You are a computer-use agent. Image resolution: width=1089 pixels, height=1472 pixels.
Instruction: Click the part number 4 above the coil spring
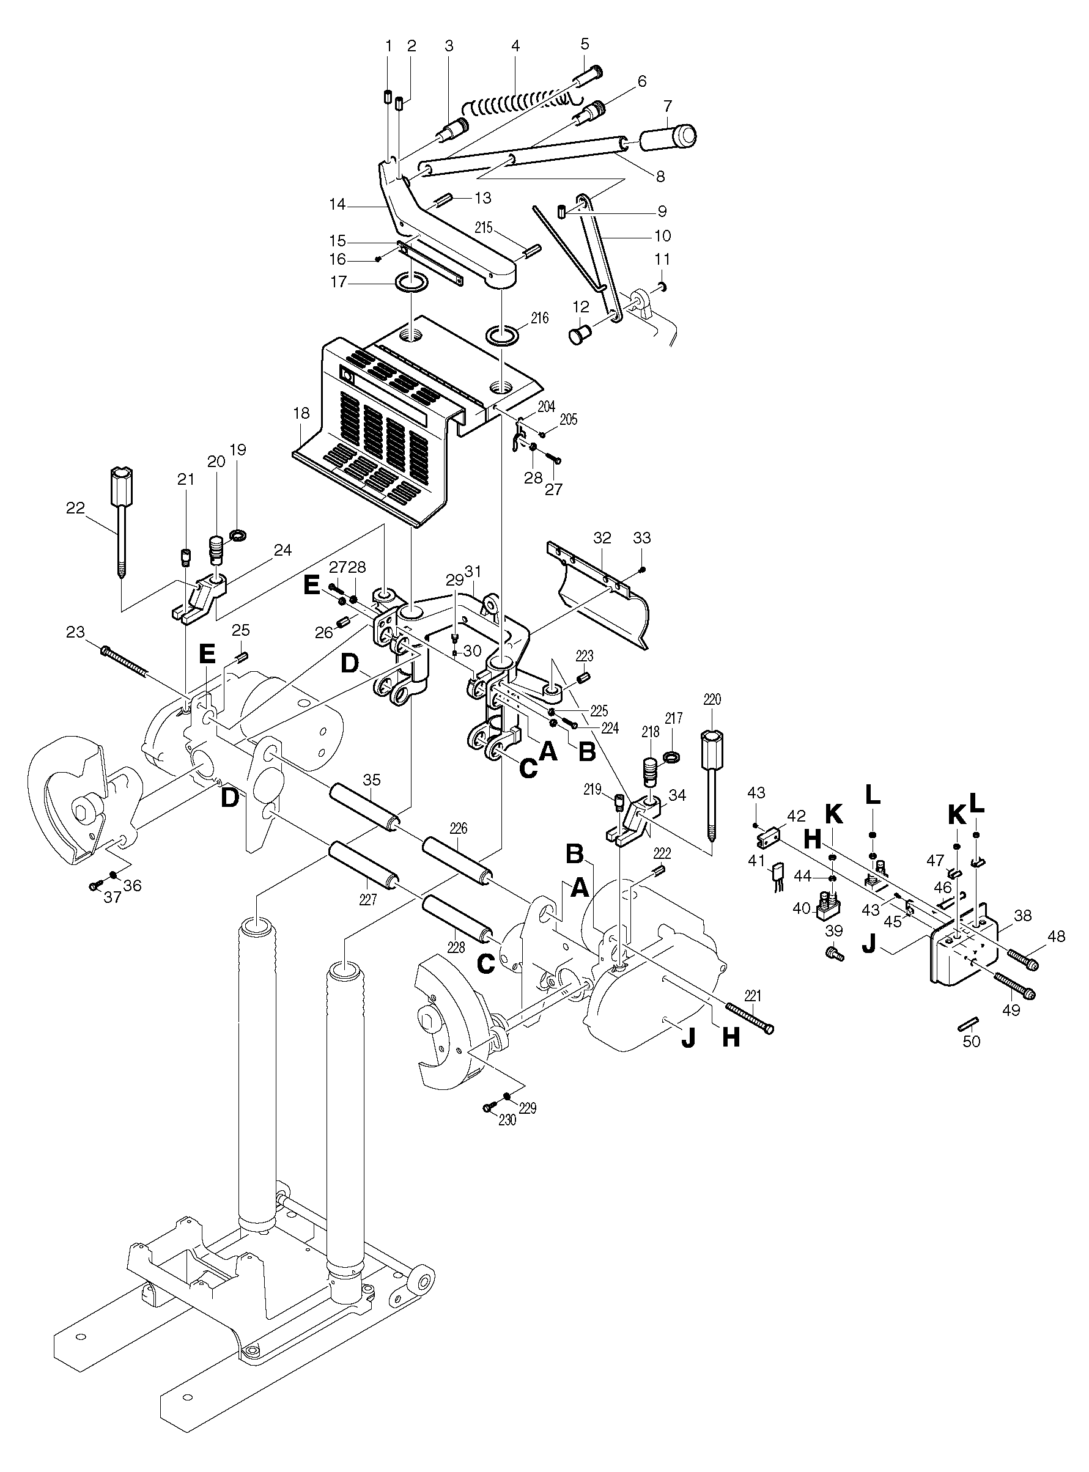(515, 46)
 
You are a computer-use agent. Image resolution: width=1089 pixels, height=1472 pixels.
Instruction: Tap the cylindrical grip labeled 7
(667, 137)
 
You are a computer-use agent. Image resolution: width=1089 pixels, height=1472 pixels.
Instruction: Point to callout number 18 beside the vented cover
(301, 414)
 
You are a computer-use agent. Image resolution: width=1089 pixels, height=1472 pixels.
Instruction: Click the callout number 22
(75, 507)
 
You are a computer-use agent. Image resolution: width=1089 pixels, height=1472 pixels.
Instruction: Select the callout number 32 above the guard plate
(602, 538)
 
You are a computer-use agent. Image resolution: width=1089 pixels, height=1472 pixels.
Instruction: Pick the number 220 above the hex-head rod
(712, 699)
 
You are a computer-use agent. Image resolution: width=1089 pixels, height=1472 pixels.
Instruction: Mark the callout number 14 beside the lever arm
(338, 205)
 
